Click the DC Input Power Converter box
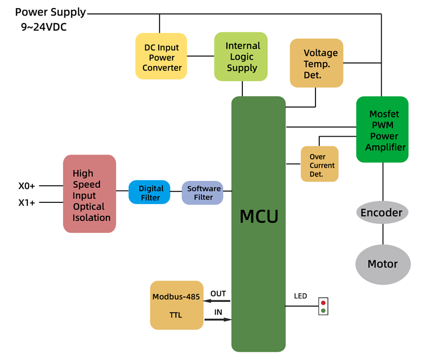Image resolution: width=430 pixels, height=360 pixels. click(161, 57)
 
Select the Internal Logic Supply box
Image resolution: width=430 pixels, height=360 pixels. click(241, 57)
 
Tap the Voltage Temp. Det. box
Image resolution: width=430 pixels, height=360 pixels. click(316, 63)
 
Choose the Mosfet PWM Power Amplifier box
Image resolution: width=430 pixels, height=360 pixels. click(382, 130)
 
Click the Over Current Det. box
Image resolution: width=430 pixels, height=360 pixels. click(319, 164)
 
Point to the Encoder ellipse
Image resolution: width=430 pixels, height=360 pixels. click(382, 213)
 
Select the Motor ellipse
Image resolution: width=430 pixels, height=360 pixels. click(383, 264)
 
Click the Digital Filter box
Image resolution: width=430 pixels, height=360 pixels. click(149, 193)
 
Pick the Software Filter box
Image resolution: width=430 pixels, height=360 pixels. click(203, 193)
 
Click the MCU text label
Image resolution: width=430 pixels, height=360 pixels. click(259, 216)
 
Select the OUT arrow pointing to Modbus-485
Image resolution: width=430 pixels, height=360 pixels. click(217, 301)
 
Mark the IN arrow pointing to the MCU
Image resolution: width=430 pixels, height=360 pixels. click(218, 320)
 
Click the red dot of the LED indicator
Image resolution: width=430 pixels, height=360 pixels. click(323, 303)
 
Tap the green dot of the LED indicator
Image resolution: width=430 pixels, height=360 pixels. click(323, 310)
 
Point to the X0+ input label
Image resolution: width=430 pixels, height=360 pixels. click(27, 186)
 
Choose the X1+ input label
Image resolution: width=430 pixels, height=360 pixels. click(27, 202)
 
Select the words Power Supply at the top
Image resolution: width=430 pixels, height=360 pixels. click(50, 12)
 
